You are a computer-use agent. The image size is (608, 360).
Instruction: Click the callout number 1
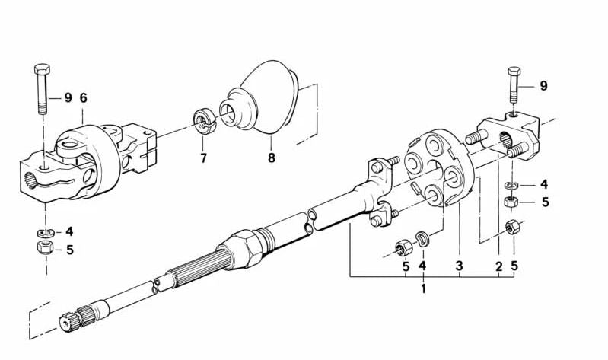(423, 288)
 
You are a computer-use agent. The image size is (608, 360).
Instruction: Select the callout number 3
(460, 266)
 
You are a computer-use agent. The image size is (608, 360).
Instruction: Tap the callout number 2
(499, 266)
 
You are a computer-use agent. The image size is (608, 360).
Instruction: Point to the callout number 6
(84, 97)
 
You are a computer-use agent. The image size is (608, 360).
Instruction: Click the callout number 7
(204, 158)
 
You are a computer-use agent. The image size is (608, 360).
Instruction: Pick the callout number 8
(272, 158)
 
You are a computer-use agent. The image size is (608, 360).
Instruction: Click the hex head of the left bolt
(42, 70)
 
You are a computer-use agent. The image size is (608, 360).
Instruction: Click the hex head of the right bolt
(514, 72)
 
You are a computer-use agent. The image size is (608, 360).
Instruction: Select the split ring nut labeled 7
(204, 121)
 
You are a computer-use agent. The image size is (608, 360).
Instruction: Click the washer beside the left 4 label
(46, 233)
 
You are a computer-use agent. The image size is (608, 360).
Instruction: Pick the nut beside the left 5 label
(46, 247)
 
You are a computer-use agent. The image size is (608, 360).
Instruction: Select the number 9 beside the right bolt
(543, 86)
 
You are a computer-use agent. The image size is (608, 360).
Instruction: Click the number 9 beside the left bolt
(68, 97)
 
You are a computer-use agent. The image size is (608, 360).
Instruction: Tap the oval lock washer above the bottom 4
(422, 238)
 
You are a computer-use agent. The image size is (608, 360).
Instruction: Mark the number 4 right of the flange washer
(544, 184)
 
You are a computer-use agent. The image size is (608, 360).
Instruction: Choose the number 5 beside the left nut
(70, 250)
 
